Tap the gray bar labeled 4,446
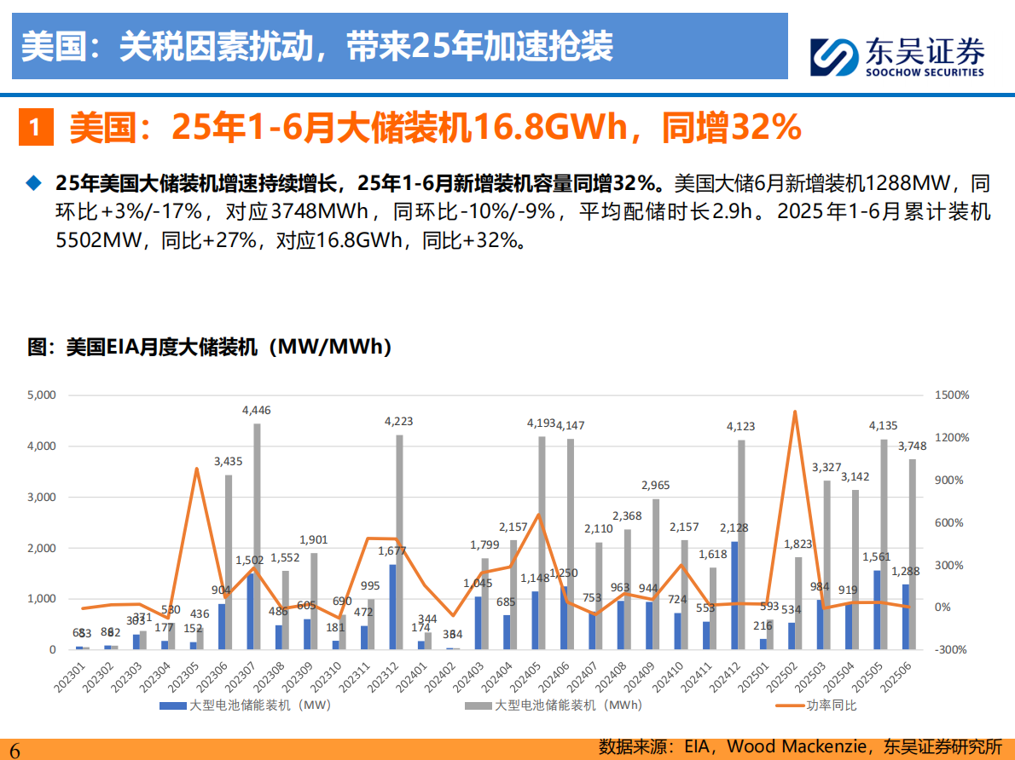tap(257, 537)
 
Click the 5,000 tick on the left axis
tap(41, 395)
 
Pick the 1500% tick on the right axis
tap(951, 395)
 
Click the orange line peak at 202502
tap(794, 412)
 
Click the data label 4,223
tap(398, 421)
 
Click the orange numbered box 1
tap(34, 128)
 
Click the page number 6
tap(14, 748)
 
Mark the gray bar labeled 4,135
tap(884, 544)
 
